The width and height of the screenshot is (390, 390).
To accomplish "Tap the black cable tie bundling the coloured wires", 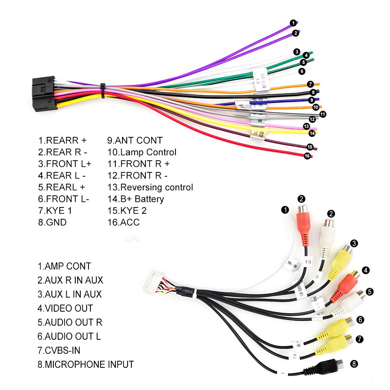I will [103, 90].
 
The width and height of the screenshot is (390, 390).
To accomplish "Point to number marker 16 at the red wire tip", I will [307, 156].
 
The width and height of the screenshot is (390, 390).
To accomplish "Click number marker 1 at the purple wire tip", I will [292, 23].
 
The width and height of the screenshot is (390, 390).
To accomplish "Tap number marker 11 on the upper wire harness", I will [323, 114].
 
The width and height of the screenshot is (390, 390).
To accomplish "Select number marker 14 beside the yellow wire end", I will [312, 133].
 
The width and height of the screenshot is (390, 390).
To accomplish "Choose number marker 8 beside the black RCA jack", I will [354, 364].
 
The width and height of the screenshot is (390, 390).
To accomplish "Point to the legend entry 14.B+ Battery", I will [135, 199].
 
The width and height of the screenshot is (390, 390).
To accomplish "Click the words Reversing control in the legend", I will [156, 187].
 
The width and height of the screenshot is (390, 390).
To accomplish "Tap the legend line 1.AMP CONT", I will [64, 266].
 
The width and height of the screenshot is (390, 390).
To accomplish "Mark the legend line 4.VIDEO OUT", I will [65, 308].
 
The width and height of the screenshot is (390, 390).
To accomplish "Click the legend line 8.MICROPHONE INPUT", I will [85, 364].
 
